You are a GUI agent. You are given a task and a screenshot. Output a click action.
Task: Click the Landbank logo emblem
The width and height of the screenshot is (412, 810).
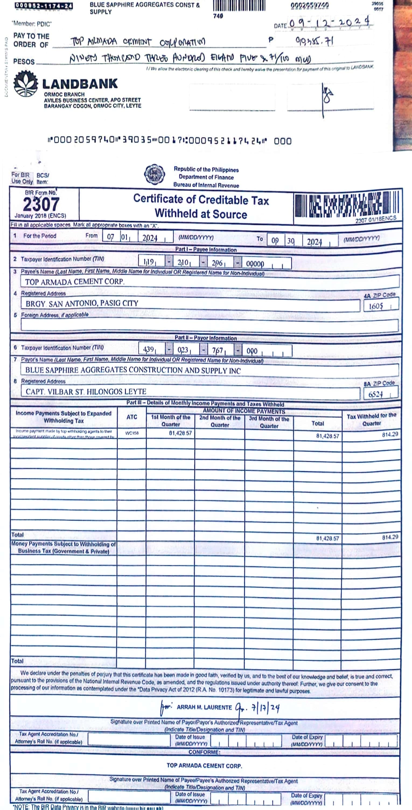click(x=26, y=84)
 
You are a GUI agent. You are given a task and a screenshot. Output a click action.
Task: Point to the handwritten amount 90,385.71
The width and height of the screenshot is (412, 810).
click(x=314, y=41)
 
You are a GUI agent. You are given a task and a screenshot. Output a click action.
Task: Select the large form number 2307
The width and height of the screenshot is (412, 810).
click(x=41, y=204)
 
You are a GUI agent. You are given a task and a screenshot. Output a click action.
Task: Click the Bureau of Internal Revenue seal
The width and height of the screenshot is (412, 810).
click(x=154, y=174)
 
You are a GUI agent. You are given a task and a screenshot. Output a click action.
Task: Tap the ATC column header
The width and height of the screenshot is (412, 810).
click(x=132, y=417)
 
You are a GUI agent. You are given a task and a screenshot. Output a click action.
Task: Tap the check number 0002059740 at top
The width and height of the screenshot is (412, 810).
click(x=310, y=5)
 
